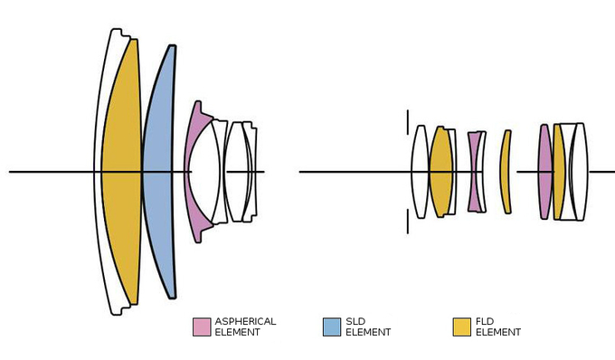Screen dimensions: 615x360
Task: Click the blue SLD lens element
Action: [159, 172]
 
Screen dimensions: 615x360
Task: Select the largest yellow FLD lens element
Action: [121, 172]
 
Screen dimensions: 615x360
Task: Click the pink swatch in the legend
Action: [202, 327]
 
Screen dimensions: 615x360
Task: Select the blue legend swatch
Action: [332, 327]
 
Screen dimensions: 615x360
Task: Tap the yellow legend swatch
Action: [461, 327]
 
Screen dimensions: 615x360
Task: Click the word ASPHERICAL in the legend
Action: [245, 322]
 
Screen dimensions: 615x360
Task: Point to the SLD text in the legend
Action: [355, 322]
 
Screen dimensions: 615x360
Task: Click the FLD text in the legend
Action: [485, 322]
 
